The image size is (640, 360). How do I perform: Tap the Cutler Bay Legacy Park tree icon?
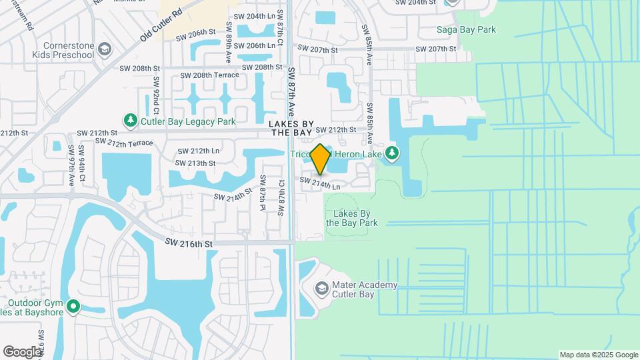[x=130, y=120]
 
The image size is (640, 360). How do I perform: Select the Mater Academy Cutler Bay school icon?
[x=321, y=288]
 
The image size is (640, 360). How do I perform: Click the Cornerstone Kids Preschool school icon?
[x=104, y=49]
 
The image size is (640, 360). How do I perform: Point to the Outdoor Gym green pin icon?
[x=73, y=307]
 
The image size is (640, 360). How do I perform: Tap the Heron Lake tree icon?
[x=393, y=153]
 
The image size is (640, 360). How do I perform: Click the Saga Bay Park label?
[x=466, y=29]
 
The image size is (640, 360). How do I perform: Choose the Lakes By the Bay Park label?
[x=352, y=218]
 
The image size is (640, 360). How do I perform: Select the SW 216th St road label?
[x=189, y=244]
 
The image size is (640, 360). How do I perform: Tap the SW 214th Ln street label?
[x=320, y=184]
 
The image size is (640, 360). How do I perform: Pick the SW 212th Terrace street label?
[x=123, y=142]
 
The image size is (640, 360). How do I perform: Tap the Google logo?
[x=22, y=351]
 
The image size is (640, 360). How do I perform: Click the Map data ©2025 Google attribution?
[x=598, y=355]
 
